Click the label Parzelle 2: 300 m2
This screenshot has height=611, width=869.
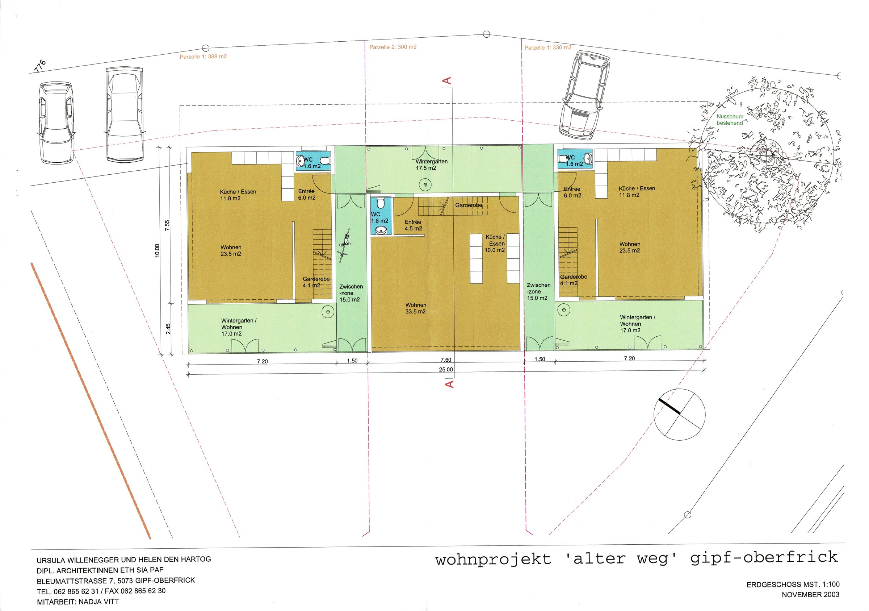(x=393, y=47)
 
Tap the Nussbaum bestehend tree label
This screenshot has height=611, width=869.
(x=730, y=120)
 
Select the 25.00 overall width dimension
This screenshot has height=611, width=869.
(x=446, y=369)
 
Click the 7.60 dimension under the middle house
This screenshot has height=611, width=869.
(x=445, y=360)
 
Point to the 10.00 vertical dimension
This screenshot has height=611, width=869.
(x=158, y=250)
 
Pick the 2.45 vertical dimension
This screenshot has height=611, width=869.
(x=168, y=328)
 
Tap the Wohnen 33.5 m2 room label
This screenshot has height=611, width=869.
(x=416, y=308)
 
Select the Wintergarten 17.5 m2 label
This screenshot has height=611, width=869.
(x=432, y=165)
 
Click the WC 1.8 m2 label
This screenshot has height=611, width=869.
(x=379, y=217)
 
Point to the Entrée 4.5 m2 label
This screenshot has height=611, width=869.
(x=413, y=225)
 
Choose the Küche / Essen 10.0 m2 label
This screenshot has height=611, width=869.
(x=495, y=243)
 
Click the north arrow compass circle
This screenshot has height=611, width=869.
(x=679, y=415)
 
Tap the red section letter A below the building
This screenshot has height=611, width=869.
(x=449, y=384)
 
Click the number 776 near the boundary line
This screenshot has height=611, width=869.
(x=40, y=66)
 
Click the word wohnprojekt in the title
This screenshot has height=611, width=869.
(x=493, y=560)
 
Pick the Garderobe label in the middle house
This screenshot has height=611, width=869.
(x=469, y=205)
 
